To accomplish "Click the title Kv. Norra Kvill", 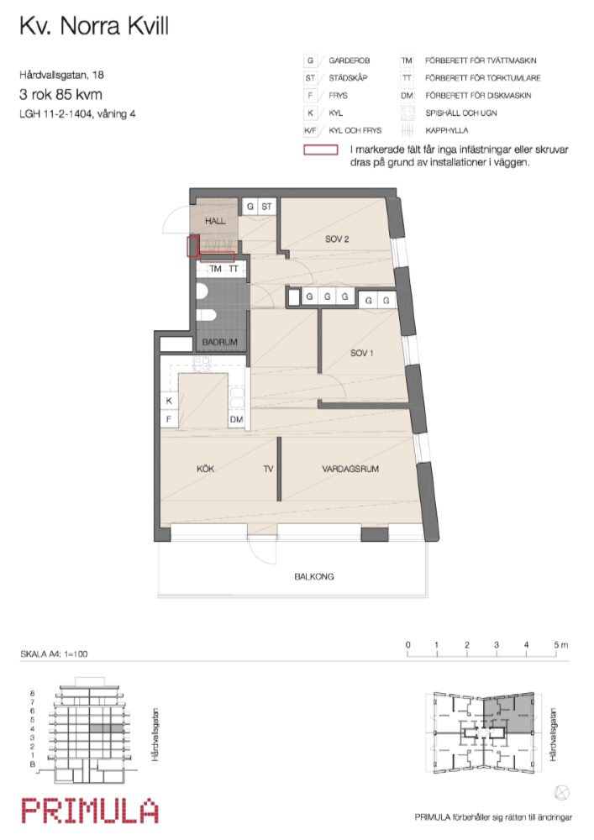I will point(93,27).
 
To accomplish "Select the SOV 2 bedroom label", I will point(337,239).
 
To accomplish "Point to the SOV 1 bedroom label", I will point(361,353).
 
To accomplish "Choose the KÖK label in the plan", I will point(204,469).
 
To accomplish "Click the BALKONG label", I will point(313,577).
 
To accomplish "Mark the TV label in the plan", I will point(268,469).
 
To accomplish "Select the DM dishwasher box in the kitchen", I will point(237,419).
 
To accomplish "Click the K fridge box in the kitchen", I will point(168,402).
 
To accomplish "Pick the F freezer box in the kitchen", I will point(168,419).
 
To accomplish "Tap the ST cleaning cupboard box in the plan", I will point(266,207).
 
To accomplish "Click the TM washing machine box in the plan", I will point(216,269).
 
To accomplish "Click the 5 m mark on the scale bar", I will point(556,645).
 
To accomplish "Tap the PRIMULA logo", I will point(89,811).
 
